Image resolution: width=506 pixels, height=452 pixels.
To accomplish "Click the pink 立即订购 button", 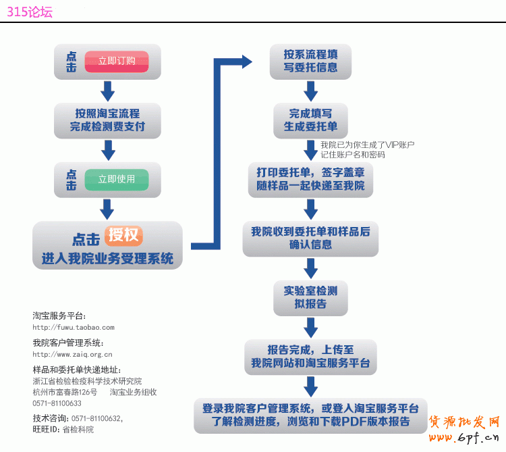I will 117,61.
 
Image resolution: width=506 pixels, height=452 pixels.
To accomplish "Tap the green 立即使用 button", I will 117,179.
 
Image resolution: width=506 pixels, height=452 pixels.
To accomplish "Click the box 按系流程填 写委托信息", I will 310,61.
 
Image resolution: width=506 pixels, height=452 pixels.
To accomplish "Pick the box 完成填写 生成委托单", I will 310,120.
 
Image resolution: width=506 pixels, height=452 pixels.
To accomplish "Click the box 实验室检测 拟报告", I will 310,297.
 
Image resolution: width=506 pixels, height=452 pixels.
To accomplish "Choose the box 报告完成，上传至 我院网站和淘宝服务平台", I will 310,356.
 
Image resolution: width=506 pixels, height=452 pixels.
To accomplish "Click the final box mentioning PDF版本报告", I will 310,415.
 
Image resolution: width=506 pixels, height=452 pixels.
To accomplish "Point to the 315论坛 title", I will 30,11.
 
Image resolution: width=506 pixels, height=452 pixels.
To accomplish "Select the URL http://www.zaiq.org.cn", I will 72,354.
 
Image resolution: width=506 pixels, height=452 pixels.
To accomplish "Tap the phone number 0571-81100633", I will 57,403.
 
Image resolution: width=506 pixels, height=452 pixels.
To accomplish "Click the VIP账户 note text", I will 367,149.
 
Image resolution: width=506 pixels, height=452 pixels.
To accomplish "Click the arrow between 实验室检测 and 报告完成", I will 310,327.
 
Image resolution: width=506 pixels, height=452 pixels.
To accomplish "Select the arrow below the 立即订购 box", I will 107,90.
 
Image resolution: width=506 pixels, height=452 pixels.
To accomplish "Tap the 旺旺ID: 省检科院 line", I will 63,429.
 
